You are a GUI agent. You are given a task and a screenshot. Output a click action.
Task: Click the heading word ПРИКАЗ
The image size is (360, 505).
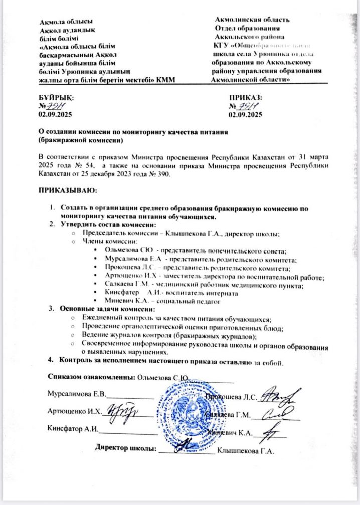245,97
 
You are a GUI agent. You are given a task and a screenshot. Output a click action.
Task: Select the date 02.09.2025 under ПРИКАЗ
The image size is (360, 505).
245,116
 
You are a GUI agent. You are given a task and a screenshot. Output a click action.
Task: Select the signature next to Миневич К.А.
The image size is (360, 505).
273,430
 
